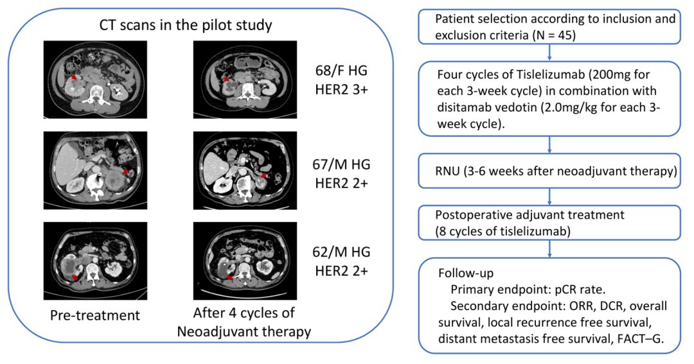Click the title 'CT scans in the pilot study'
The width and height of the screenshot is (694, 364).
click(x=186, y=26)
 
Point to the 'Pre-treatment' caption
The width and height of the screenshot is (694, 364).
click(x=96, y=315)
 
